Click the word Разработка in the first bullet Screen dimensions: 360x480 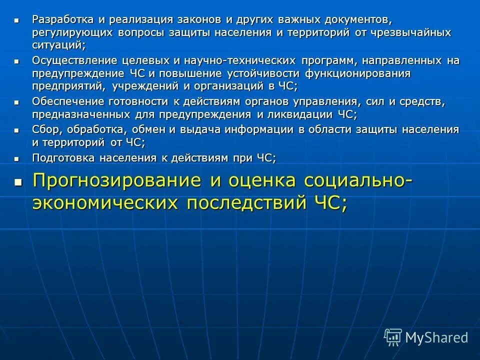pyautogui.click(x=62, y=19)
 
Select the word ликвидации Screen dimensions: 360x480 pyautogui.click(x=299, y=114)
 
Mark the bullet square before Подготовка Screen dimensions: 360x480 pyautogui.click(x=16, y=158)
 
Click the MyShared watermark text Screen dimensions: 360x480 pyautogui.click(x=436, y=337)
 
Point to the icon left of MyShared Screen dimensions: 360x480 pyautogui.click(x=392, y=337)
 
